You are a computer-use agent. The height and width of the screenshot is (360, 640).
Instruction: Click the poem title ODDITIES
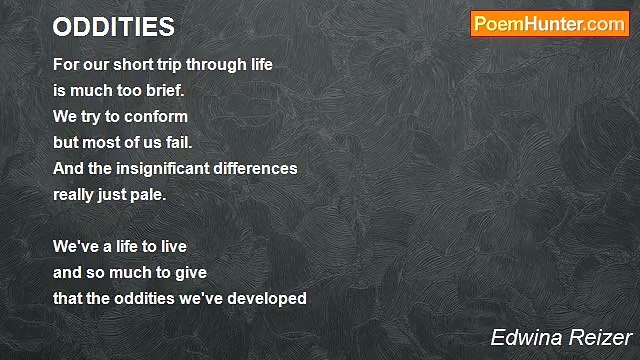113,27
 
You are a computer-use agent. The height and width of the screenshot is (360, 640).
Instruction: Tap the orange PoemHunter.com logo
549,24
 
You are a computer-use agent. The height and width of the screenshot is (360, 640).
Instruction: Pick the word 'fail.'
179,142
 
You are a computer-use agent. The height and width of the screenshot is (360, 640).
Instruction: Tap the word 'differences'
255,169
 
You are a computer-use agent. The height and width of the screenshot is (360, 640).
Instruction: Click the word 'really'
73,195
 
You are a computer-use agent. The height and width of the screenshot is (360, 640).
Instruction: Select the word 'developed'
267,298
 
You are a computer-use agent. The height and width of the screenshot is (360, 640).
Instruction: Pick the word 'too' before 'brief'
129,91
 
